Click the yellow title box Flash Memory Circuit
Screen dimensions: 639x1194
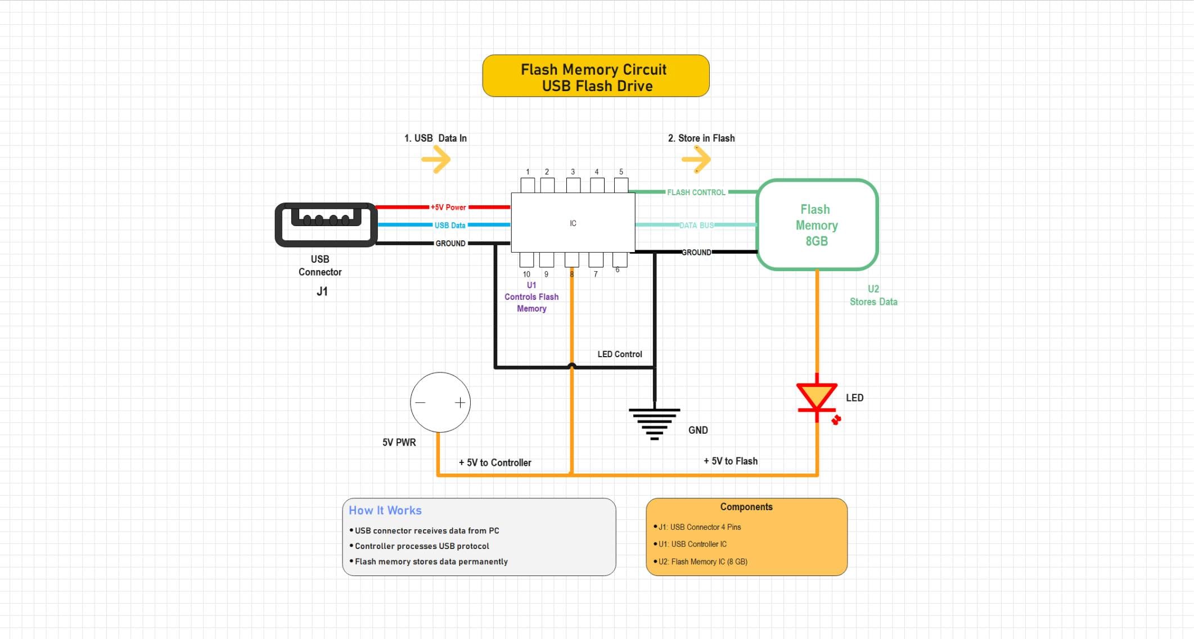tap(596, 76)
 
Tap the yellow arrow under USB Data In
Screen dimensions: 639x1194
tap(436, 160)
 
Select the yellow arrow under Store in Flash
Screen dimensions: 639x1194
tap(697, 160)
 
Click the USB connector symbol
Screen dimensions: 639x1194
tap(326, 224)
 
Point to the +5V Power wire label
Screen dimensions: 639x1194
tap(448, 207)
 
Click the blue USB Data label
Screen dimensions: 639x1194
tap(449, 225)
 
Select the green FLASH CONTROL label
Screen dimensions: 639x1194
tap(696, 192)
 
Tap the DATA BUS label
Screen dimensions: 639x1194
tap(696, 225)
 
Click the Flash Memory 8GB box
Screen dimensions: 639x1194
tap(817, 225)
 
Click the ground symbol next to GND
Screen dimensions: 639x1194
tap(654, 424)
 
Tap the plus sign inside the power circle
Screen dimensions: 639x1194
tap(460, 402)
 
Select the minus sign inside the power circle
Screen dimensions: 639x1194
tap(420, 402)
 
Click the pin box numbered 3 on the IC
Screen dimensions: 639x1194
tap(573, 185)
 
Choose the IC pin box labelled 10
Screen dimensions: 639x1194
tap(526, 259)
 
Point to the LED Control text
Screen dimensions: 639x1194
tap(619, 354)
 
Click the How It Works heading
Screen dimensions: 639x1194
tap(385, 510)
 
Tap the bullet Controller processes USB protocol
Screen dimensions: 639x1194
tap(421, 546)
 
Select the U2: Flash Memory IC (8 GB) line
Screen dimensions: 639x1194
tap(702, 561)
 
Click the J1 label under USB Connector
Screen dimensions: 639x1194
tap(322, 291)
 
